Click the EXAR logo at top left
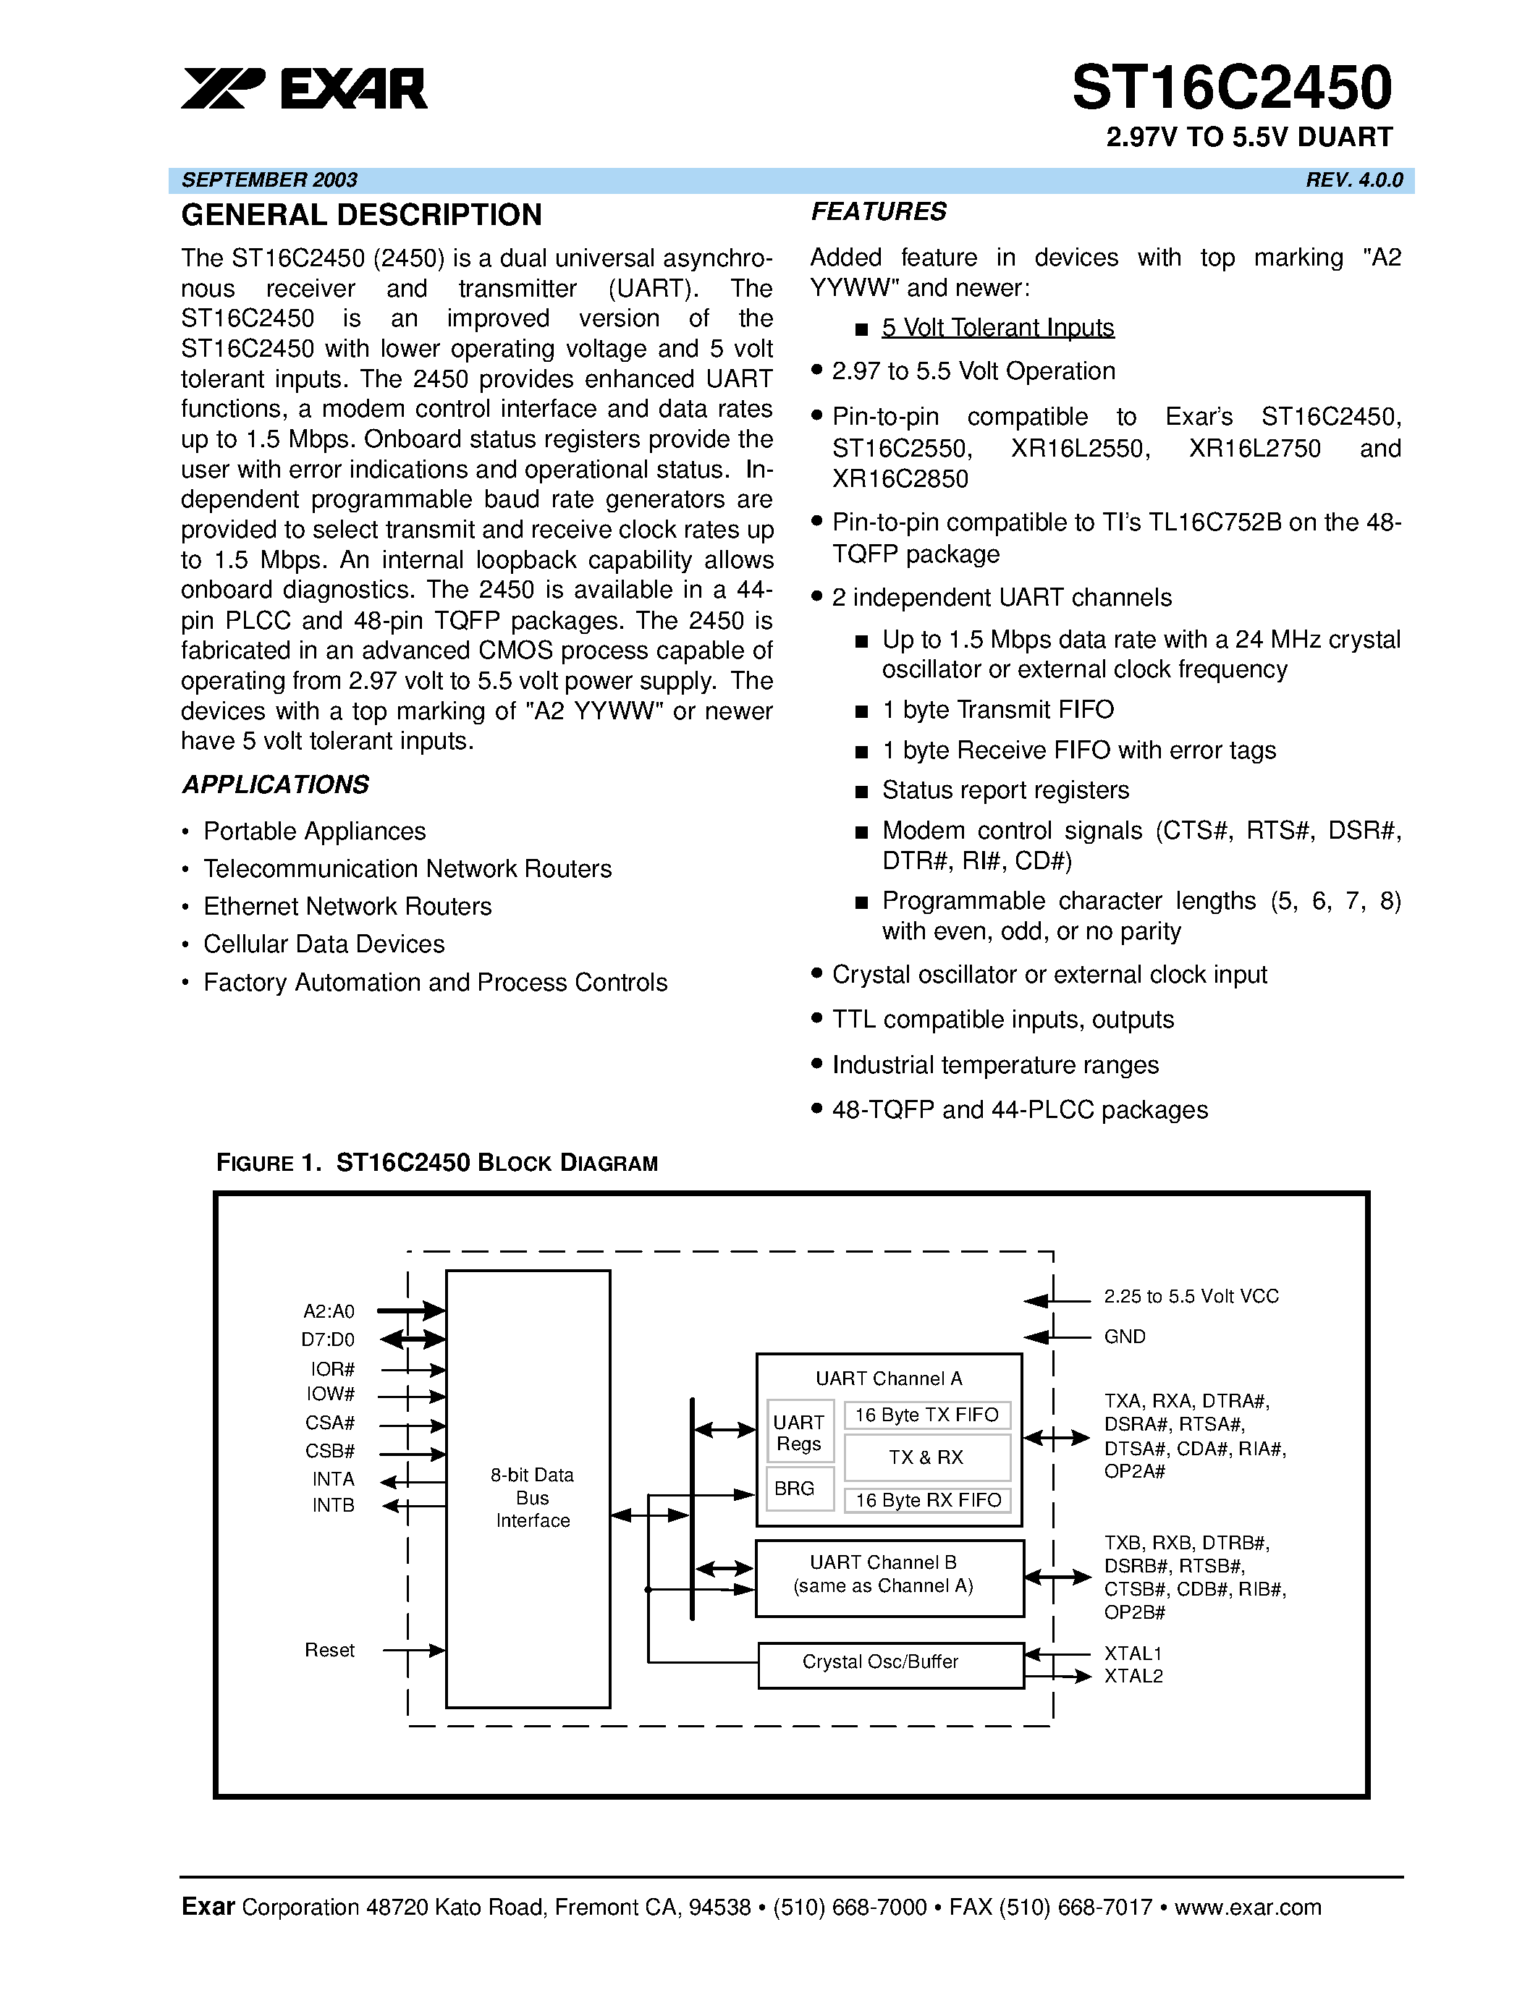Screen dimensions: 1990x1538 [303, 89]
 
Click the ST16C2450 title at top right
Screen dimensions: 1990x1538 [1232, 88]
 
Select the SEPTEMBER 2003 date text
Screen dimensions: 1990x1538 [270, 179]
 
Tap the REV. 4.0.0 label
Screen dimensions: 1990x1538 [1354, 179]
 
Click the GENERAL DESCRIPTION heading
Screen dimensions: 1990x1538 [362, 215]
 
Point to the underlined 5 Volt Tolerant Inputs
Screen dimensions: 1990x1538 [997, 327]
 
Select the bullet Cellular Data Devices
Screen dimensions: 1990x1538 [324, 944]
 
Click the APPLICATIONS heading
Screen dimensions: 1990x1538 [275, 784]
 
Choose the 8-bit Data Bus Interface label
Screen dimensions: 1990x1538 [532, 1497]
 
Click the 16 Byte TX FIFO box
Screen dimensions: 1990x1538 [926, 1415]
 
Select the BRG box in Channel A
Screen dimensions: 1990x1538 [795, 1488]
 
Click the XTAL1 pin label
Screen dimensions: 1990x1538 [1133, 1653]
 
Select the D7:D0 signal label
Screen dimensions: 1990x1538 [328, 1339]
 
